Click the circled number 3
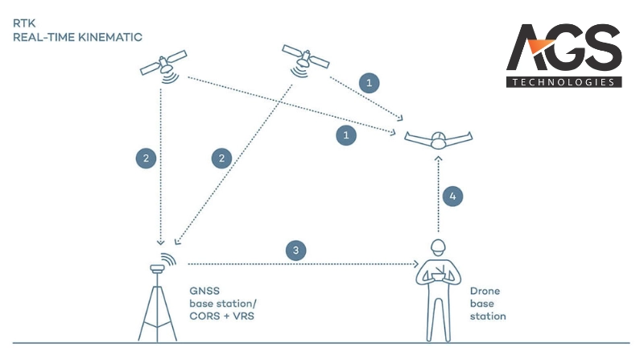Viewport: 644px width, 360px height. tap(298, 251)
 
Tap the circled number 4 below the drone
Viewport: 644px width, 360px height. tap(454, 196)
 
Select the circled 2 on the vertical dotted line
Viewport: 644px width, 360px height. tap(145, 158)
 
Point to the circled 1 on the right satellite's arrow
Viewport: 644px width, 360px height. tap(369, 82)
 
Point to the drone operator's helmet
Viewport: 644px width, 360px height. tap(439, 246)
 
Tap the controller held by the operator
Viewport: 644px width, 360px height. tap(439, 279)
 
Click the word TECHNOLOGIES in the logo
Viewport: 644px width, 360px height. tap(563, 81)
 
